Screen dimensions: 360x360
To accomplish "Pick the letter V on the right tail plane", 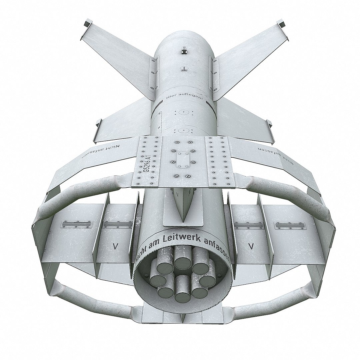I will [x=252, y=246].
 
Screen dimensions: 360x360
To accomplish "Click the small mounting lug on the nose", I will [x=183, y=51].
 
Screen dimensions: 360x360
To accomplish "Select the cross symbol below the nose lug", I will [x=183, y=69].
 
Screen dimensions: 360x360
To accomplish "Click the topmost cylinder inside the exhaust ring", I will [x=182, y=262].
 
